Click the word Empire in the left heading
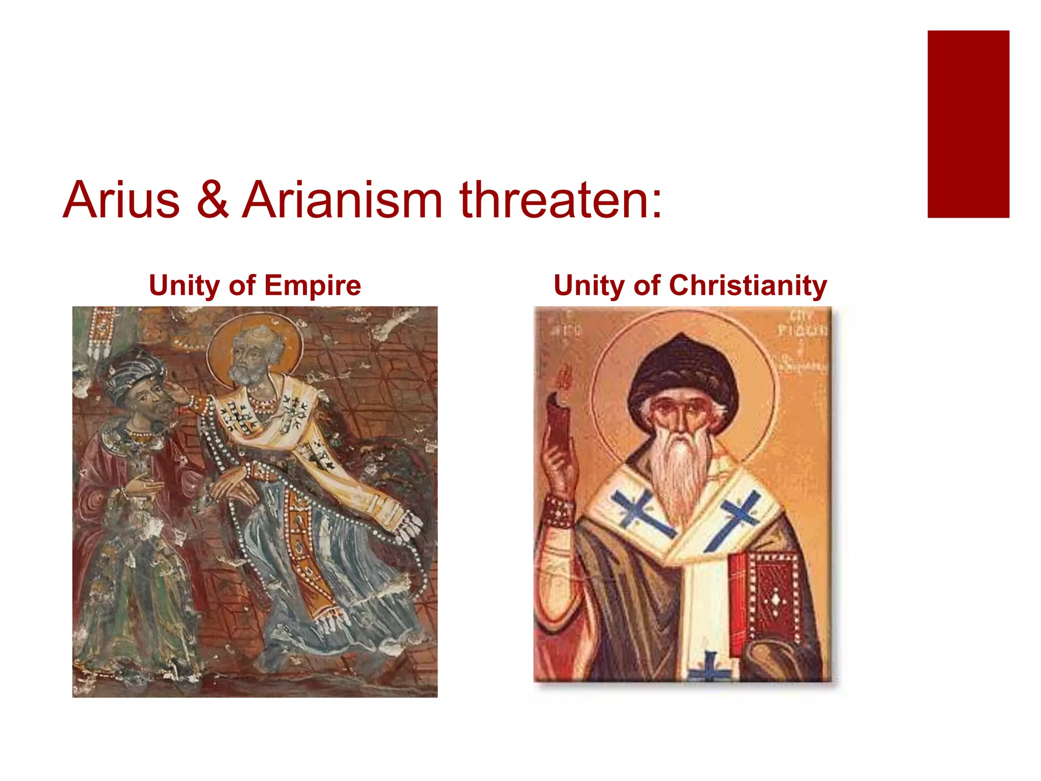(x=312, y=286)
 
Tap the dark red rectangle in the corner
(x=968, y=124)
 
